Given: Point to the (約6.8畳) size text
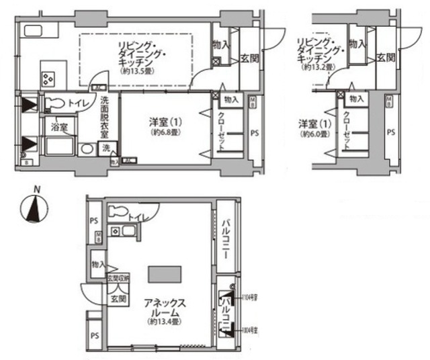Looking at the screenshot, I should pyautogui.click(x=165, y=133).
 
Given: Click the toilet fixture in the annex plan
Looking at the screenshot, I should pyautogui.click(x=119, y=212).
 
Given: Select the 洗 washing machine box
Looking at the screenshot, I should pyautogui.click(x=105, y=148).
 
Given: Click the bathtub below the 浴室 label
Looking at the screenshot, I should pyautogui.click(x=60, y=146).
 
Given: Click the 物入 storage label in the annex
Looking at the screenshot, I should pyautogui.click(x=97, y=264).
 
